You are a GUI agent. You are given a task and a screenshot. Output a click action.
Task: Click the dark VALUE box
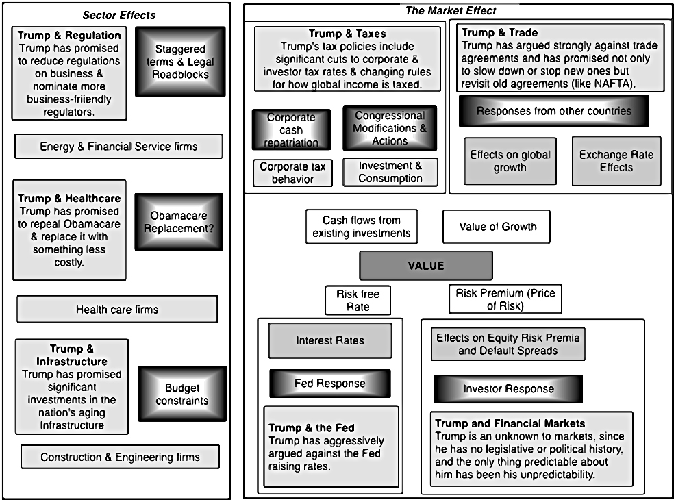tap(426, 266)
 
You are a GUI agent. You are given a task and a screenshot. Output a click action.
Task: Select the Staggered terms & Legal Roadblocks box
tap(180, 62)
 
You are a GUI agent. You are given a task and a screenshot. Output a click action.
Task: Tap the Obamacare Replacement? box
tap(179, 222)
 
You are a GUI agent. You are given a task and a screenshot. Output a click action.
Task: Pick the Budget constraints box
tap(182, 394)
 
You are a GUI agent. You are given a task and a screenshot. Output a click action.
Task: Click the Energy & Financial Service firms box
tap(118, 146)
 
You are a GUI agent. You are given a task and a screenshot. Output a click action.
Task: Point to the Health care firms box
tap(117, 310)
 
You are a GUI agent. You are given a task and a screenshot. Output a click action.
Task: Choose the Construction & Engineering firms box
tap(121, 457)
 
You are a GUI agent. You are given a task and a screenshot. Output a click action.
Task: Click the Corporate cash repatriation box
tap(292, 129)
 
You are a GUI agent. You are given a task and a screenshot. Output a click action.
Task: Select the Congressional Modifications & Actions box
tap(390, 128)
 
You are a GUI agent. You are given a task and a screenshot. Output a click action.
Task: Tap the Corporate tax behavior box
tap(292, 173)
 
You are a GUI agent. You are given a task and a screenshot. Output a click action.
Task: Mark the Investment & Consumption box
tap(390, 172)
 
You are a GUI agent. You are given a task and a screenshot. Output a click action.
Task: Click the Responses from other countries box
tap(554, 111)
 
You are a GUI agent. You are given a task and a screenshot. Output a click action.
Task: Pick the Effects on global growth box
tap(510, 161)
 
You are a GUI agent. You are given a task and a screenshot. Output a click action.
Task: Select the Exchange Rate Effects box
tap(616, 161)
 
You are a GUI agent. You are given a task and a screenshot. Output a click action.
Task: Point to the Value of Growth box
tap(497, 227)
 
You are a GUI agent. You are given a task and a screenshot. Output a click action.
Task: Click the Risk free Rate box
tap(358, 300)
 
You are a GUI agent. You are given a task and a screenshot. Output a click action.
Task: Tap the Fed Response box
tap(330, 384)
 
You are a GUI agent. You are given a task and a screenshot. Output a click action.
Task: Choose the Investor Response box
tap(508, 389)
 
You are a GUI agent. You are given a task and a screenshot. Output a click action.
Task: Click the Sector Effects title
tap(119, 16)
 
